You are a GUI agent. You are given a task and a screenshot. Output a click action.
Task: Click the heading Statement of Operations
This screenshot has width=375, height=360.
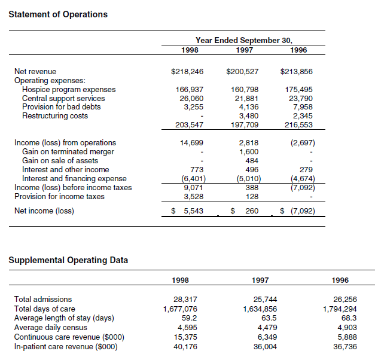58,14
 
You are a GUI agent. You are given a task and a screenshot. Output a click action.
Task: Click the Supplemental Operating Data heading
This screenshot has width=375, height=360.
68,260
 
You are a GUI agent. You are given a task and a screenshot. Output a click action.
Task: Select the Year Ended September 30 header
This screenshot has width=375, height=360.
243,41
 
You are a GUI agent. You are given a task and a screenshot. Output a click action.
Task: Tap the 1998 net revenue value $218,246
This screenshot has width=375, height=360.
187,72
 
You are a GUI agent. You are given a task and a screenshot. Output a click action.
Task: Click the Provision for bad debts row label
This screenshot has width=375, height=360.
61,107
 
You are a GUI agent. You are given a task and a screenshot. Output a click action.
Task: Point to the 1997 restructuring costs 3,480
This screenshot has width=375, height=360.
248,116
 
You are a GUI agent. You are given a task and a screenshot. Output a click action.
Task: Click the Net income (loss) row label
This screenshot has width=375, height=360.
44,211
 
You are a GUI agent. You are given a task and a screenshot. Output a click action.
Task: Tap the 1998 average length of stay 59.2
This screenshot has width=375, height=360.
189,318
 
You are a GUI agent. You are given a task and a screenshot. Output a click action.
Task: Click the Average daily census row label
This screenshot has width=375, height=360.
51,327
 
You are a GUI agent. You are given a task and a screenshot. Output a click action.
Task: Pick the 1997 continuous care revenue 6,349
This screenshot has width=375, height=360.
267,337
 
